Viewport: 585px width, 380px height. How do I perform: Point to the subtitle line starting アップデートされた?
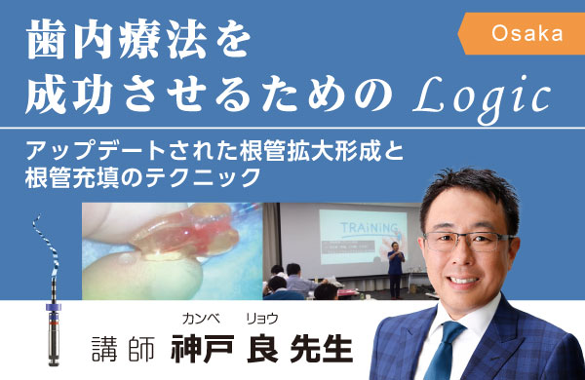click(x=216, y=152)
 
